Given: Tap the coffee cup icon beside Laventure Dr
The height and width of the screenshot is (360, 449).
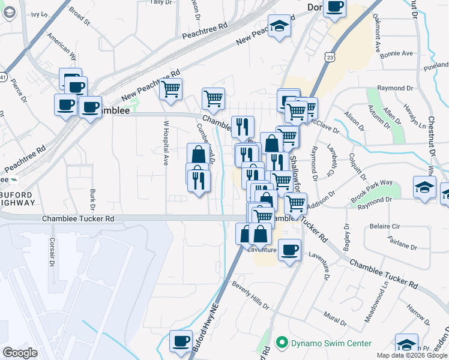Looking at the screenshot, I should tap(289, 249).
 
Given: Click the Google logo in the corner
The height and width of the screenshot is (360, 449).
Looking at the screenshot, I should tap(20, 353).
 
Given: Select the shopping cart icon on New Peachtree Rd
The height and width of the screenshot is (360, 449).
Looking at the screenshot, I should tap(171, 89).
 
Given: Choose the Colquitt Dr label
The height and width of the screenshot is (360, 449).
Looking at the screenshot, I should tap(358, 165).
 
